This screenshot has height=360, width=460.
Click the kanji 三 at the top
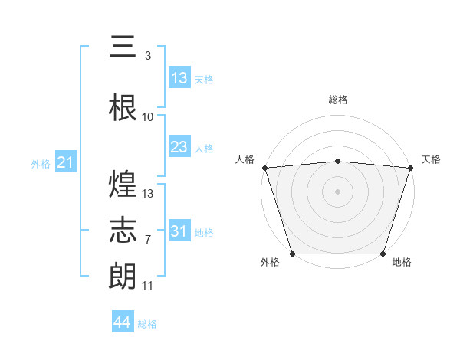(123, 47)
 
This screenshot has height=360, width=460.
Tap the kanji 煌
(123, 184)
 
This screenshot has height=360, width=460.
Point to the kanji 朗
(123, 275)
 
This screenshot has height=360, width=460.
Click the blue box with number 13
(179, 78)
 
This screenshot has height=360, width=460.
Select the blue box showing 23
(179, 147)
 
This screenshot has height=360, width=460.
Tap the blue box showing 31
(179, 231)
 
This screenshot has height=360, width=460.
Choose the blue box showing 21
(65, 162)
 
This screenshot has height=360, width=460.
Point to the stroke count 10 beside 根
(148, 117)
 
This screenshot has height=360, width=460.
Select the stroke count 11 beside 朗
(148, 286)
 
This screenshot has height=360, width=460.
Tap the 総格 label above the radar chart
(338, 100)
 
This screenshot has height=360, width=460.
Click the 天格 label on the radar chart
(431, 159)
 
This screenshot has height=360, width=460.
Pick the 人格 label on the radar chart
(245, 159)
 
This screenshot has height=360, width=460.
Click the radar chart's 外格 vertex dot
(292, 254)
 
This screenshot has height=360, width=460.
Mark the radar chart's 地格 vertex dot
(383, 254)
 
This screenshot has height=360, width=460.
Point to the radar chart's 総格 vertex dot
(338, 161)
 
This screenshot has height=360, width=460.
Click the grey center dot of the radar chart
(338, 191)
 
